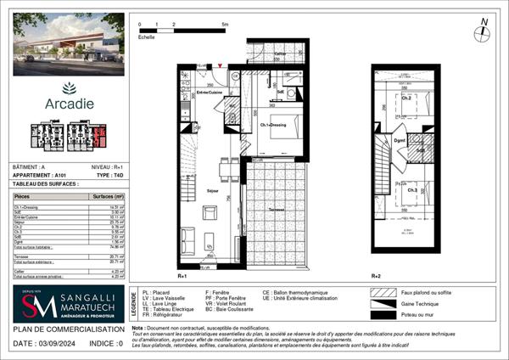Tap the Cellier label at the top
279,53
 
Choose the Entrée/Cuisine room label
209,91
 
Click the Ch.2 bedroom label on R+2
407,98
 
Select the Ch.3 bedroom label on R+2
411,190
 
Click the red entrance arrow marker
221,65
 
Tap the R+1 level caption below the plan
182,277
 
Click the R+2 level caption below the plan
376,277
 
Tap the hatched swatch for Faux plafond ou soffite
383,291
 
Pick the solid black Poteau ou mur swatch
383,316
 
